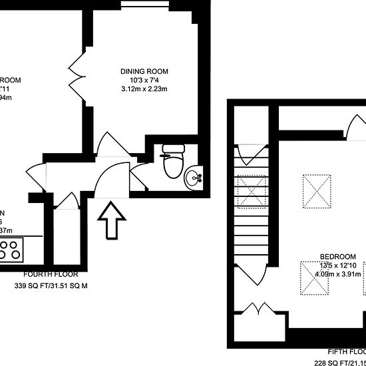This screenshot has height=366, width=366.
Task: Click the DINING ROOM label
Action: (x=144, y=72)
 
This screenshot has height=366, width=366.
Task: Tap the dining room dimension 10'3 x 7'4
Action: (x=144, y=81)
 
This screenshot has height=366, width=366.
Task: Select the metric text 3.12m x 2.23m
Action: (x=144, y=89)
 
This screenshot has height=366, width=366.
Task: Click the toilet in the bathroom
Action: (x=174, y=162)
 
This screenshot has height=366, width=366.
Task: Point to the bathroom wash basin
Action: (x=195, y=177)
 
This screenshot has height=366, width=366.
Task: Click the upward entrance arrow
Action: (x=112, y=220)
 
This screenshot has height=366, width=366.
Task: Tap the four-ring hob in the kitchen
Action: (x=11, y=250)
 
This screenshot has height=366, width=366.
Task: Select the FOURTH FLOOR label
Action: (x=51, y=274)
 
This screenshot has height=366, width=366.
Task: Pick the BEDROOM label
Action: (x=337, y=257)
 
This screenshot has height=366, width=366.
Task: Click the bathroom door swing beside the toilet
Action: (x=138, y=176)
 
